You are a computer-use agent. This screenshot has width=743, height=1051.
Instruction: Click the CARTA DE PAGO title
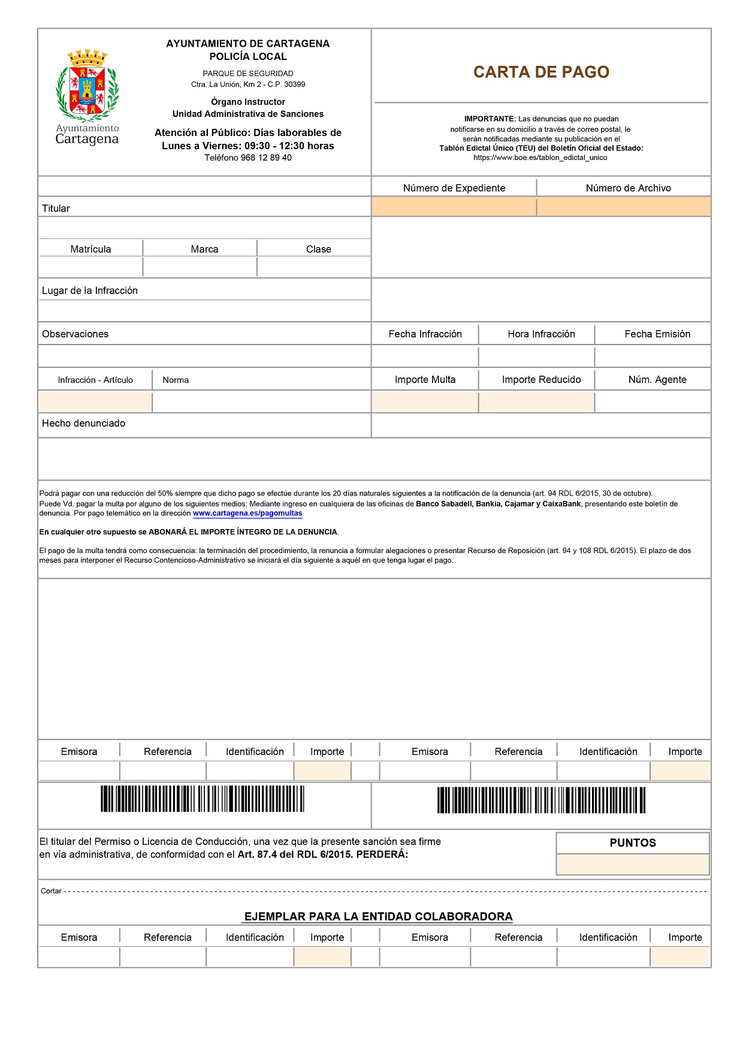point(541,72)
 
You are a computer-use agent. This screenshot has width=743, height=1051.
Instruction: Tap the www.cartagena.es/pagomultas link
point(247,514)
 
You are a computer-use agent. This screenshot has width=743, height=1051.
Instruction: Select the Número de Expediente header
point(454,188)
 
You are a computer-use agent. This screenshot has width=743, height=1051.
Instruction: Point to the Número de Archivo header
point(628,188)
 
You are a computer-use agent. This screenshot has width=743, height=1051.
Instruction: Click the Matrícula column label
point(90,249)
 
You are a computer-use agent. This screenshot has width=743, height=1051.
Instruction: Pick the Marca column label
point(204,249)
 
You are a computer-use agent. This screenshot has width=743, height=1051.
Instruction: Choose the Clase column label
point(318,249)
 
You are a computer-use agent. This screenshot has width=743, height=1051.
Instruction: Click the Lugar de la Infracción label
point(90,291)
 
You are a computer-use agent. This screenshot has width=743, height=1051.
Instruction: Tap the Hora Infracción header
point(541,334)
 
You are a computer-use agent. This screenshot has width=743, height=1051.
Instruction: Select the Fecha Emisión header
point(657,334)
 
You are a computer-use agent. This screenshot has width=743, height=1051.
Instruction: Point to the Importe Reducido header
point(541,380)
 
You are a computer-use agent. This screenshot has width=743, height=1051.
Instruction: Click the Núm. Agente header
point(657,380)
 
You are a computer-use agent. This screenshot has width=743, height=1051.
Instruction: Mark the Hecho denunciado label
point(83,424)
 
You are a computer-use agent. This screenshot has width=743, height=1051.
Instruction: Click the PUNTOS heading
point(633,843)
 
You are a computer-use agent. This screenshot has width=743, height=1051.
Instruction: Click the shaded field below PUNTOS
point(633,865)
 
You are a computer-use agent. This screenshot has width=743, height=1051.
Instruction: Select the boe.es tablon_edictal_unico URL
point(540,158)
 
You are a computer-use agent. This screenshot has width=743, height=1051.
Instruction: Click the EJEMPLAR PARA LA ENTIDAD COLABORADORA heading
point(378,917)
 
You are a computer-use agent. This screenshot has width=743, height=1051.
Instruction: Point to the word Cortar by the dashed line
point(51,891)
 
